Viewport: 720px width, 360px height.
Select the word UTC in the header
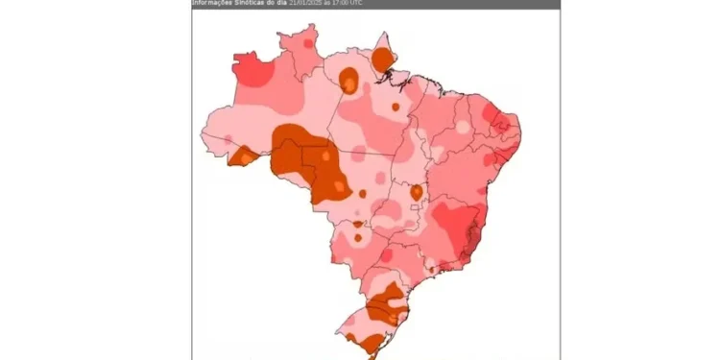pyautogui.click(x=356, y=3)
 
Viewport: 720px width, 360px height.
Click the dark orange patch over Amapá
pyautogui.click(x=383, y=60)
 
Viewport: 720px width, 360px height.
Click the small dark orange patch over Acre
pyautogui.click(x=241, y=156)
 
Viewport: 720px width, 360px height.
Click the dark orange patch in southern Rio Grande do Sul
pyautogui.click(x=365, y=342)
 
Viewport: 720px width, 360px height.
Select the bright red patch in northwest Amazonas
pyautogui.click(x=252, y=72)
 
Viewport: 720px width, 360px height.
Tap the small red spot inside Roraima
pyautogui.click(x=307, y=43)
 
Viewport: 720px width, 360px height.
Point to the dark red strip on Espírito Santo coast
pyautogui.click(x=472, y=241)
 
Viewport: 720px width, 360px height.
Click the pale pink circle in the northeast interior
pyautogui.click(x=463, y=126)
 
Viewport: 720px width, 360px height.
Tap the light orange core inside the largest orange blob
pyautogui.click(x=325, y=155)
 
